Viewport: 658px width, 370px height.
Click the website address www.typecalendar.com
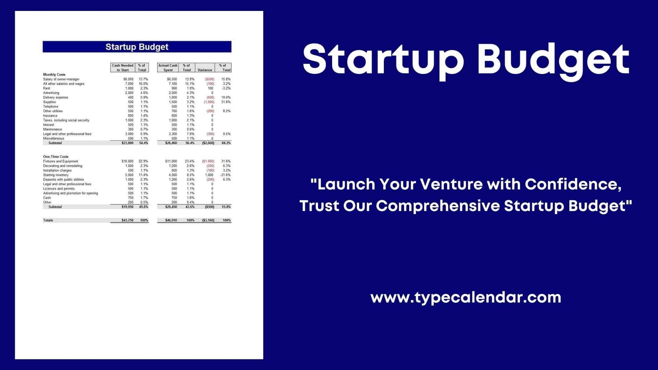[x=466, y=297]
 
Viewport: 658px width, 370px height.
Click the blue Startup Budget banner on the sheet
[x=137, y=47]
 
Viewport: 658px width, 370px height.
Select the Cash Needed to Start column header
[x=123, y=67]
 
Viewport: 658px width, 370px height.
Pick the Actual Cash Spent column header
[x=168, y=67]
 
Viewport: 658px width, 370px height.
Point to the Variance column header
[x=205, y=70]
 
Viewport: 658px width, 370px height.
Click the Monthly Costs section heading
[x=54, y=74]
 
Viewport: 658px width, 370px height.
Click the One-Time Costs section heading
[x=56, y=157]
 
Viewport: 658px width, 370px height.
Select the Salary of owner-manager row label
[x=61, y=79]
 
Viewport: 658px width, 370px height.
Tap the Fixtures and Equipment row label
[x=61, y=161]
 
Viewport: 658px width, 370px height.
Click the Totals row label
[x=48, y=220]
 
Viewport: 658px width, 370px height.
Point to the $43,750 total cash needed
[x=127, y=220]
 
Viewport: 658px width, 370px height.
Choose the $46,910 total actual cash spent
[x=171, y=220]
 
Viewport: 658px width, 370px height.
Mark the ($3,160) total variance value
[x=208, y=220]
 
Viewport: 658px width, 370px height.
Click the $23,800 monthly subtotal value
[x=127, y=143]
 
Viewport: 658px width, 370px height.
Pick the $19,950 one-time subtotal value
[x=127, y=207]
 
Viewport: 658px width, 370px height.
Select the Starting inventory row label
[x=56, y=175]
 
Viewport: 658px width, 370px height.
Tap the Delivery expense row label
[x=56, y=97]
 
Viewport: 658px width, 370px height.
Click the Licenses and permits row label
[x=59, y=189]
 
